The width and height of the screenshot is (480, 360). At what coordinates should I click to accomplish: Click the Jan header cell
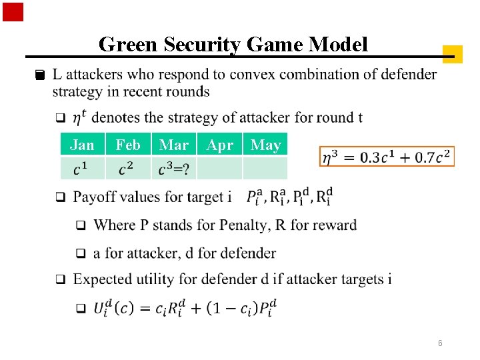(82, 145)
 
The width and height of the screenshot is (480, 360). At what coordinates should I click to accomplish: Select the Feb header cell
(128, 145)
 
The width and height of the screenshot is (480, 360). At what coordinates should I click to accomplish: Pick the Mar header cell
(174, 145)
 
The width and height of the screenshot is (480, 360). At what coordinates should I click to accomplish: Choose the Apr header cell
(220, 145)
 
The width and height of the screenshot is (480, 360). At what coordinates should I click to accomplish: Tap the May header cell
(265, 145)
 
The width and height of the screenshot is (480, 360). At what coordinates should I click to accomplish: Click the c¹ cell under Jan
(82, 169)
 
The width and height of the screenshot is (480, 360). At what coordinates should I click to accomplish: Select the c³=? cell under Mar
(174, 169)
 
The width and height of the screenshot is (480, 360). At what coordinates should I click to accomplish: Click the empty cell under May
(265, 169)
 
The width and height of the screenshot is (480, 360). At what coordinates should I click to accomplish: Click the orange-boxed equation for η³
(387, 157)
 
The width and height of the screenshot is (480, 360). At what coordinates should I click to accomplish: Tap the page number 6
(440, 343)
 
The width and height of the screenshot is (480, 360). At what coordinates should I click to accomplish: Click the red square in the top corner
(13, 12)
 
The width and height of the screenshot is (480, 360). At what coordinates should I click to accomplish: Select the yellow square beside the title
(452, 54)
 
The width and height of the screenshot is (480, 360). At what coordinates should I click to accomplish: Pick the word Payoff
(95, 197)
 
